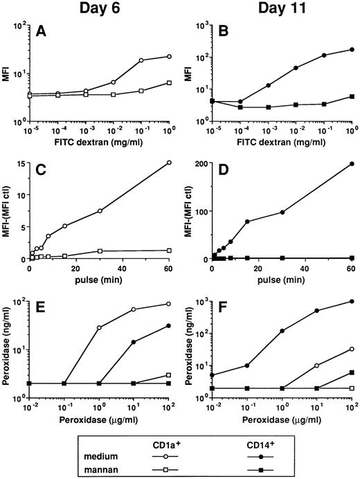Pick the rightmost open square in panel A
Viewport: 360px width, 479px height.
pyautogui.click(x=168, y=83)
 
